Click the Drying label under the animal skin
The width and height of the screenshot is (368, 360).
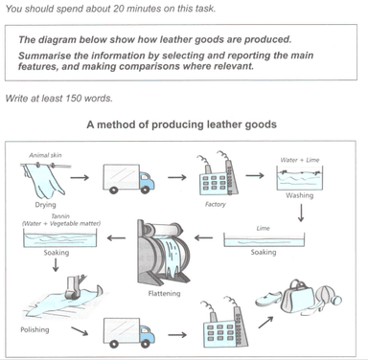coord(45,205)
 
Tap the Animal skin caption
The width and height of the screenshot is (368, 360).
coord(45,155)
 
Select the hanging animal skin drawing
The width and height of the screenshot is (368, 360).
coord(43,180)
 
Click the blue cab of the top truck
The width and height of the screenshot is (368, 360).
coord(147,180)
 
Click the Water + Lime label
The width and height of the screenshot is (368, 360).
coord(300,160)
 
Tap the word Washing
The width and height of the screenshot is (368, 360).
coord(299,195)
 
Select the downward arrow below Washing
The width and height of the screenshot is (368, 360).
coord(301,213)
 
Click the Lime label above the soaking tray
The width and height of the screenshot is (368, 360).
coord(263,228)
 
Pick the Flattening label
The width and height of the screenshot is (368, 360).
coord(164,293)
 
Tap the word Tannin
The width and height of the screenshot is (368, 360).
coord(60,216)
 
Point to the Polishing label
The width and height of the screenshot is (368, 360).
coord(34,329)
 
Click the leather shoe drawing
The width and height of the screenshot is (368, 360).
coord(268,299)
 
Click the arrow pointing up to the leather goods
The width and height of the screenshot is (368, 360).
coord(265,322)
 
